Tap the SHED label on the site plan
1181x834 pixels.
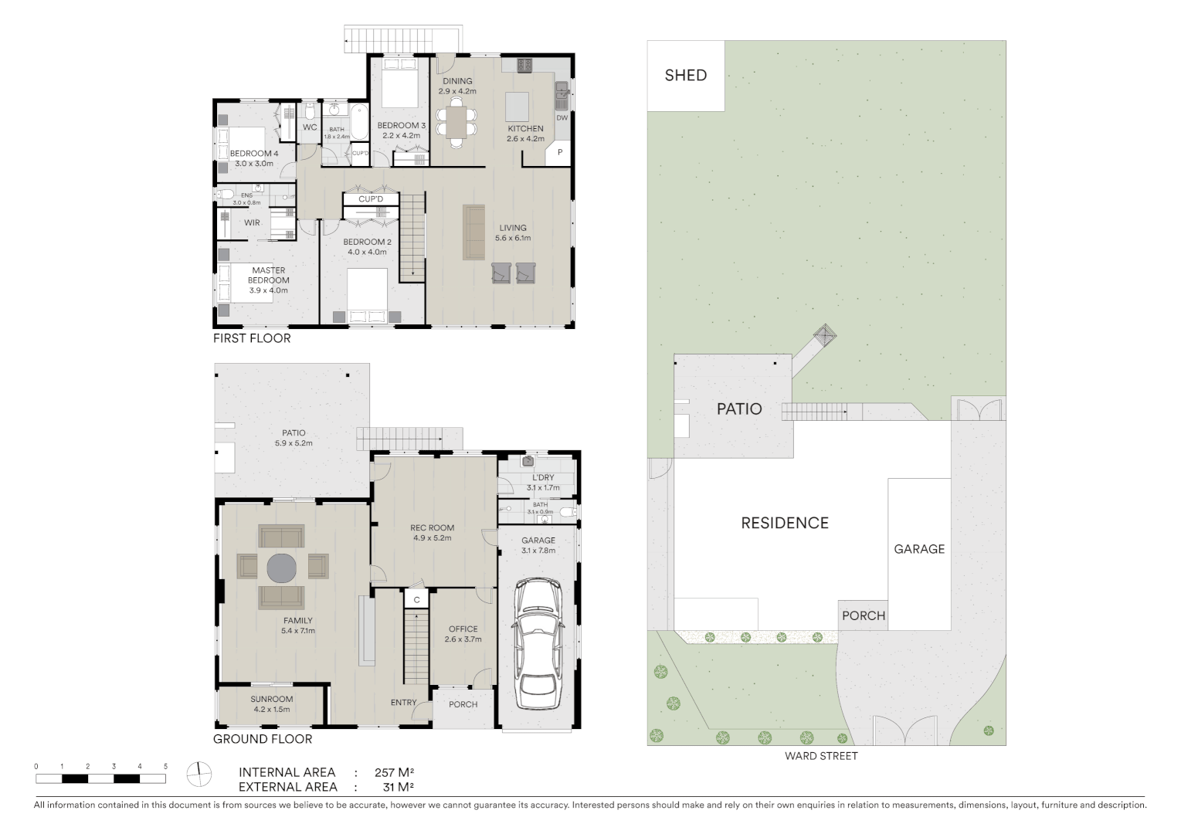click(x=685, y=75)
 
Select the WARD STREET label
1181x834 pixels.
click(x=821, y=756)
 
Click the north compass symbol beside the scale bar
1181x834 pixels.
click(x=199, y=773)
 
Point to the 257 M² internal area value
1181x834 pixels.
click(x=395, y=772)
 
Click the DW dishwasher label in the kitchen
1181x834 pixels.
click(x=562, y=118)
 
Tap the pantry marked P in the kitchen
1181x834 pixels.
click(x=559, y=154)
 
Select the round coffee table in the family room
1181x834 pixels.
click(x=282, y=568)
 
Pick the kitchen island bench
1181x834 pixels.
click(x=518, y=104)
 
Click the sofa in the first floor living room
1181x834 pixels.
click(x=473, y=232)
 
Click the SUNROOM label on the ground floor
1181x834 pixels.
click(x=271, y=700)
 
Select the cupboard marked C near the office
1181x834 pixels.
click(x=416, y=600)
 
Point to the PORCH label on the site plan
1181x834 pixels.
click(x=863, y=615)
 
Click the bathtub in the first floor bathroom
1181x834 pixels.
click(x=358, y=122)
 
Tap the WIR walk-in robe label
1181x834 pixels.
click(x=252, y=222)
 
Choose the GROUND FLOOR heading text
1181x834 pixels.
click(x=263, y=739)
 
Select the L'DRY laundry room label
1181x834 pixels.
click(x=540, y=478)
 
